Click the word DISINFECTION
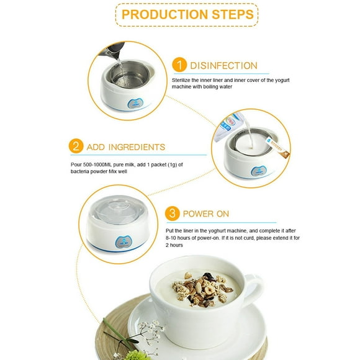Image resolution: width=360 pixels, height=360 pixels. click(223, 65)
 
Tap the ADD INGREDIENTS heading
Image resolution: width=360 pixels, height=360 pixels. click(126, 147)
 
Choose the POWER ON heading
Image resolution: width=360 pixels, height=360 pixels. click(205, 214)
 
